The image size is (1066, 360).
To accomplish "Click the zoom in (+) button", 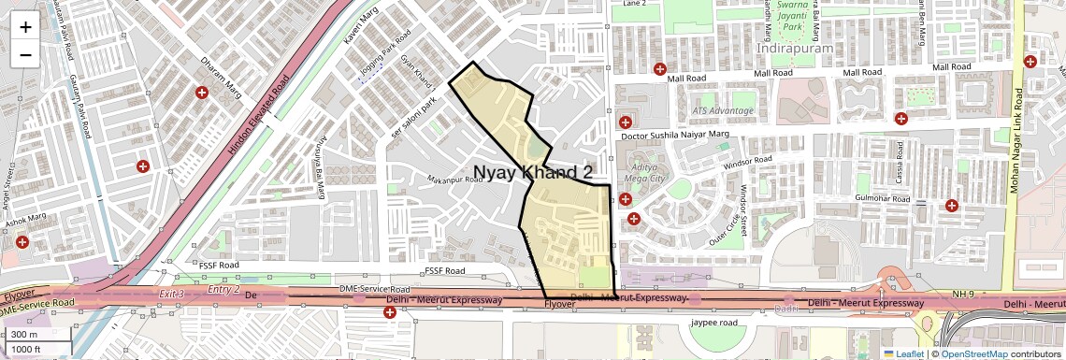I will tap(25, 27).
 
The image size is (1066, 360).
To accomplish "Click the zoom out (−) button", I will tap(25, 55).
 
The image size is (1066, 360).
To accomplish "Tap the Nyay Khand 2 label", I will tap(533, 173).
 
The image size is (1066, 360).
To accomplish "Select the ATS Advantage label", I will tap(722, 110).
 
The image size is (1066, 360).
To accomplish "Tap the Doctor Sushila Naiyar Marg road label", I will tap(674, 137).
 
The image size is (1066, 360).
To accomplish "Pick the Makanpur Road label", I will tap(455, 179).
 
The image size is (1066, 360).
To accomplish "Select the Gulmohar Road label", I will tap(883, 199).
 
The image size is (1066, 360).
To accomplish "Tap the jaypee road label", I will tap(714, 323).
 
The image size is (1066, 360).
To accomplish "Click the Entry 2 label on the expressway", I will tap(223, 290).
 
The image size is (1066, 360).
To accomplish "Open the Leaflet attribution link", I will tap(904, 353).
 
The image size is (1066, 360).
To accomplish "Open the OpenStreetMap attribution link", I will tap(973, 353).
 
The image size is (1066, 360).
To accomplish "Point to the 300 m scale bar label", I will tap(25, 335).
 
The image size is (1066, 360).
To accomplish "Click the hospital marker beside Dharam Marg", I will tap(201, 93).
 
